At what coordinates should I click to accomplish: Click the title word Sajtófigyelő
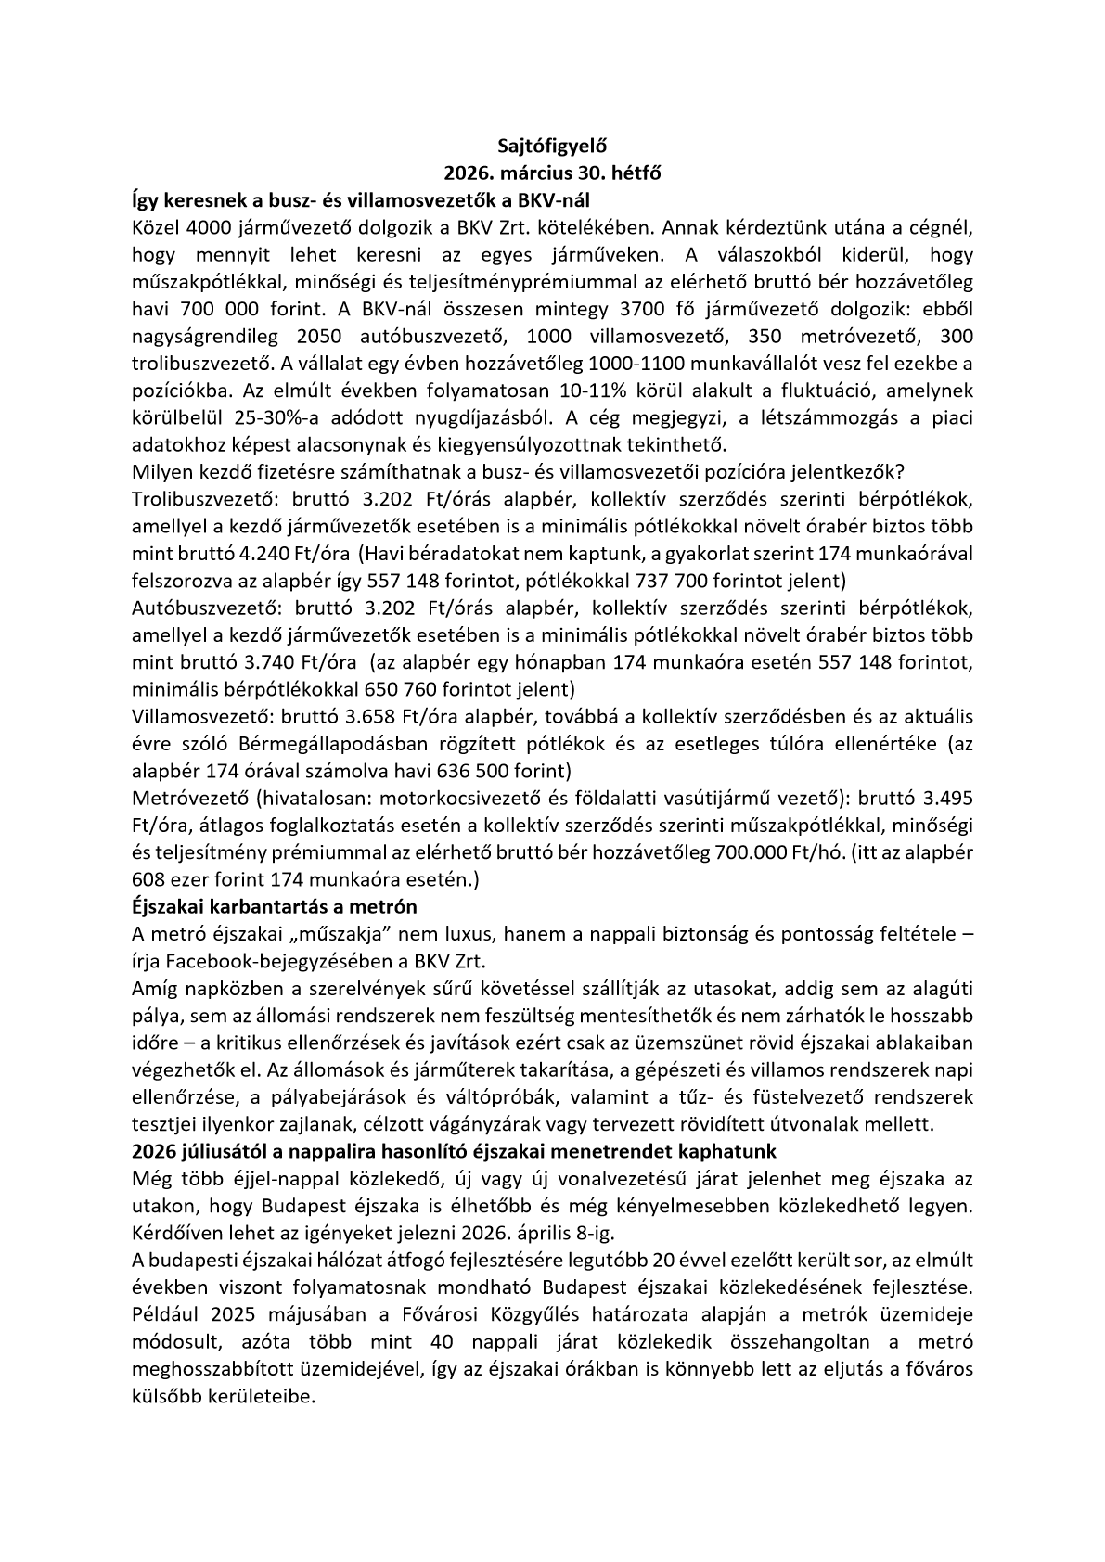point(551,146)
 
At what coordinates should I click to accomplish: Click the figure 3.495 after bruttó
point(947,799)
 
